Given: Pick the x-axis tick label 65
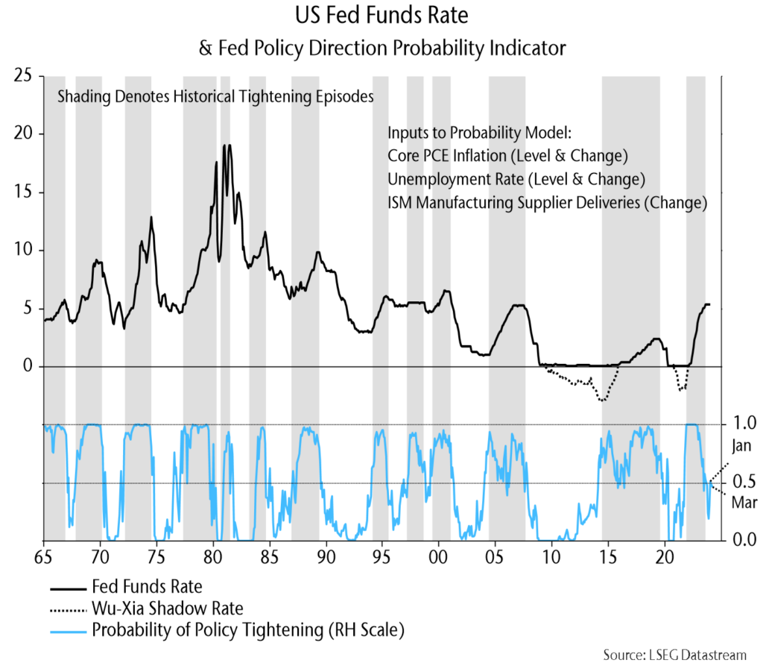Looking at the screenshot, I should point(43,556).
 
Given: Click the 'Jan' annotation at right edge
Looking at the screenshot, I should point(742,447).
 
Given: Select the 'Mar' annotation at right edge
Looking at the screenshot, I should point(743,503).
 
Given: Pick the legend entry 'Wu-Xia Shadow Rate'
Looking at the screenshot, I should point(167,608).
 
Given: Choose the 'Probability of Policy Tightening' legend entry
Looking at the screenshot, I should point(247,630).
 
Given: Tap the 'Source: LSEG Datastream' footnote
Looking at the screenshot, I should point(674,655).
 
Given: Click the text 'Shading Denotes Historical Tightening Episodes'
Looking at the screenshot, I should point(215,97).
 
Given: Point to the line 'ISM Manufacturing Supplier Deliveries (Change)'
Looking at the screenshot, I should point(547,202).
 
